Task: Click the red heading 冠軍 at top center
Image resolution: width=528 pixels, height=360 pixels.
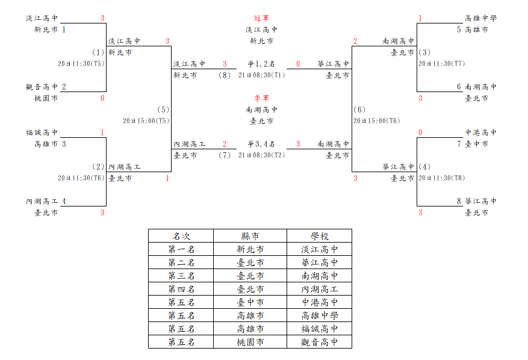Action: coord(262,18)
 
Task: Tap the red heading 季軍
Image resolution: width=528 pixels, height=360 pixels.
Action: coord(262,98)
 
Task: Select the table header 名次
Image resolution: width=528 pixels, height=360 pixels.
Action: coord(181,236)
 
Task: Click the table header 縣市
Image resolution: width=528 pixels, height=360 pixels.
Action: coord(250,236)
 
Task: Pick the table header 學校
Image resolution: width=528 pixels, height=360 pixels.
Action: coord(320,236)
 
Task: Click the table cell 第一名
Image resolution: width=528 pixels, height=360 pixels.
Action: coord(181,249)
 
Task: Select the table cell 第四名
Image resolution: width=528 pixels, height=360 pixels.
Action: coord(181,289)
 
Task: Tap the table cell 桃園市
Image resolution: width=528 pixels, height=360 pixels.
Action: coord(250,342)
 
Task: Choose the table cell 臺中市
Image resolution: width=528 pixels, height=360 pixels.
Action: coord(250,302)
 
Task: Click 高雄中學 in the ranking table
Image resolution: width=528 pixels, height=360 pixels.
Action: coord(320,315)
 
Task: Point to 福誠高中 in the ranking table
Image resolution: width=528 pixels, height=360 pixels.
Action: coord(320,329)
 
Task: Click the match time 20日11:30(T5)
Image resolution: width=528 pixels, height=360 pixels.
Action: coord(81,64)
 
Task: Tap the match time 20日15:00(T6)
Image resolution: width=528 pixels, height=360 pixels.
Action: coord(376,121)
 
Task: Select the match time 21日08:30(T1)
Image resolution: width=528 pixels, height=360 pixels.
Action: coord(262,75)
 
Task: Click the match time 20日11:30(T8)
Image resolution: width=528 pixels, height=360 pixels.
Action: coord(441,178)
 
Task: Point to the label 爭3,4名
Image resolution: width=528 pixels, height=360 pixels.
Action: coord(261,144)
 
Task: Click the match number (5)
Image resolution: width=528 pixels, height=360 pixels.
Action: coord(163,110)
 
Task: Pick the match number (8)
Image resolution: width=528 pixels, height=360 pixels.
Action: coord(225,75)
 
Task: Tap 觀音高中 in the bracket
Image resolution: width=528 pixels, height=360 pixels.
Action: coord(42,87)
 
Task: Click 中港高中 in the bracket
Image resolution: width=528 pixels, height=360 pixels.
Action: coord(481,132)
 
